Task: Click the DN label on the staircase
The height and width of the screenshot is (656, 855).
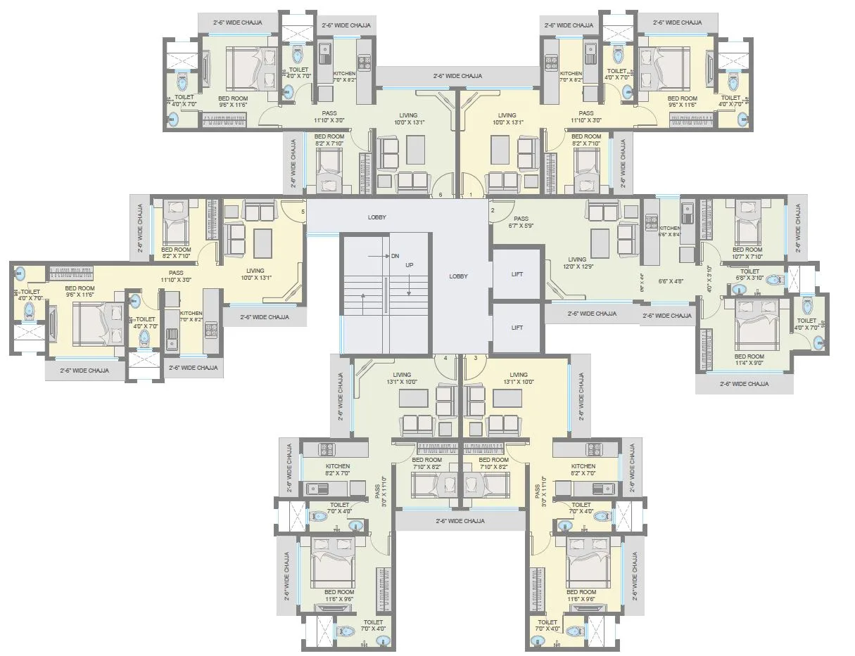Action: pos(395,256)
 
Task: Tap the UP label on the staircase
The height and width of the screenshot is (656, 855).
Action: pos(409,265)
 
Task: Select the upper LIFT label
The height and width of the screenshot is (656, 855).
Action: pos(517,275)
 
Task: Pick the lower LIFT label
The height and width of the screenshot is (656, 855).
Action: pos(517,328)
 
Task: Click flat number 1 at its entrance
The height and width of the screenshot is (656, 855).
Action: pos(471,194)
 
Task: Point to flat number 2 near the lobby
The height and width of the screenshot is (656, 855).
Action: pos(493,210)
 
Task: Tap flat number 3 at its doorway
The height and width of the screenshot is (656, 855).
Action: pos(476,358)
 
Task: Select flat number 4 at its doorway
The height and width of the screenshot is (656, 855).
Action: pos(445,358)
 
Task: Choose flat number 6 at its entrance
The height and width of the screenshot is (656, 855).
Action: pos(441,194)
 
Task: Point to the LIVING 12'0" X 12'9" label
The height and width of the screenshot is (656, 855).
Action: pos(577,264)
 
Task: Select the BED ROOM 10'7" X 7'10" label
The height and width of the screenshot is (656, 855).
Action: pos(747,253)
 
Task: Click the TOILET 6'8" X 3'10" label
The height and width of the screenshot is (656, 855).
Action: pos(750,275)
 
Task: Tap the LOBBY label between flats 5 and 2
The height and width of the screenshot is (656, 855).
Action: pos(377,217)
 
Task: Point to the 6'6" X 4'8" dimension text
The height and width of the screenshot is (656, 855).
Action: pos(666,281)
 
